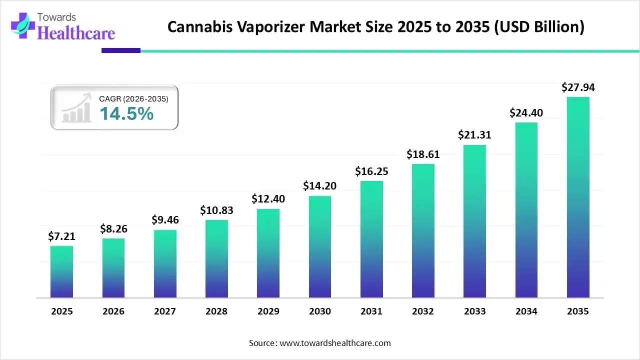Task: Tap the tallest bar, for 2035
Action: coord(578,197)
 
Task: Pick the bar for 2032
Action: coord(423,230)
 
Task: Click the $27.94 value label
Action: coord(578,88)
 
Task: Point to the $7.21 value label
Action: coord(61,237)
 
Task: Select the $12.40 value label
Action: coord(268,199)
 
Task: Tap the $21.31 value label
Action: coord(475,135)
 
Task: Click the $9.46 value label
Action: coord(165,220)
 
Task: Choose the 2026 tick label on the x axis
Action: coord(113,311)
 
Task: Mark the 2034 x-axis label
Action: coord(526,311)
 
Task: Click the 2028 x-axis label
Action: coord(216,311)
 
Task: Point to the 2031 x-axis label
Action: coord(371,311)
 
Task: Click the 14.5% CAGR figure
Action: coord(126,114)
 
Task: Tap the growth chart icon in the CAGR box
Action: coord(76,107)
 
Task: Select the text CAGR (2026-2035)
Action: coord(133,99)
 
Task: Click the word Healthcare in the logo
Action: coord(76,33)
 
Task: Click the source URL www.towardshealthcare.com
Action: coord(334,343)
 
